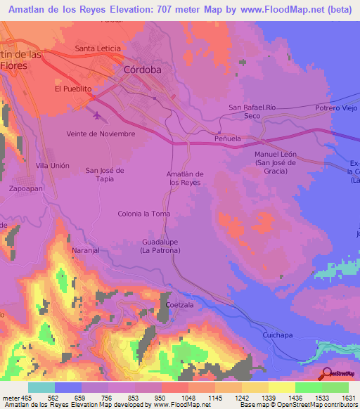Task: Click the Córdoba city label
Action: point(142,70)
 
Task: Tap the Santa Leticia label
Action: point(98,48)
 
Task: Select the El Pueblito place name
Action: point(74,89)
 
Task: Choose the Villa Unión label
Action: point(53,165)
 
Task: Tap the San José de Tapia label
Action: point(105,174)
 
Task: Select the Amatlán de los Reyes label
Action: point(186,178)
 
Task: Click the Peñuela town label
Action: point(228,139)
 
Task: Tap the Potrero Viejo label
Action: point(336,108)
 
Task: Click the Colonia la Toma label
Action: point(144,214)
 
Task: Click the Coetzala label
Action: point(180,304)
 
